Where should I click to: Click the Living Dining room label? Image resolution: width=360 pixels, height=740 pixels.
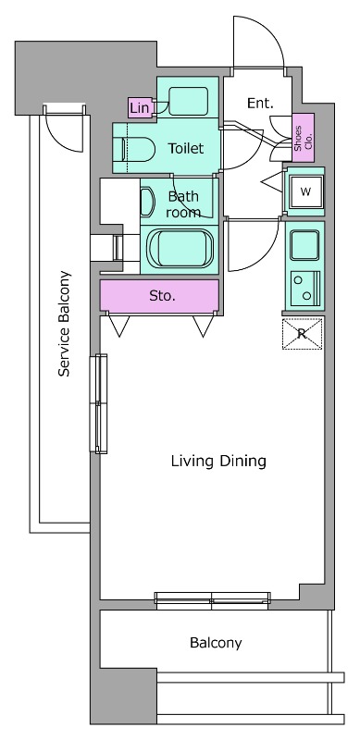click(218, 461)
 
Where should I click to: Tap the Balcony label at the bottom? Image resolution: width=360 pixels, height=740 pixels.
click(216, 643)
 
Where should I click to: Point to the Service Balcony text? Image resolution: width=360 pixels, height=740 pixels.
click(64, 324)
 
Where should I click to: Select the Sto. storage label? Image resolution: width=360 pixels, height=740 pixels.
click(163, 296)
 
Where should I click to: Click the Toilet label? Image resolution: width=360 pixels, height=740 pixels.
click(186, 149)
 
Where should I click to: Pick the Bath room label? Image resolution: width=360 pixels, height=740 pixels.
click(183, 204)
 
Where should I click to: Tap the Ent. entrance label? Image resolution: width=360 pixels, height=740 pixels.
click(260, 104)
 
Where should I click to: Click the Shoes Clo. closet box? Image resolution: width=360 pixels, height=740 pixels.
click(303, 137)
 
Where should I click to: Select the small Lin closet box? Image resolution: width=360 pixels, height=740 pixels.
click(140, 108)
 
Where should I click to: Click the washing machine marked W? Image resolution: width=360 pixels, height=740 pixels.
click(306, 192)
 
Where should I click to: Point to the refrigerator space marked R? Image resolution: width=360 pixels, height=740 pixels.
click(303, 334)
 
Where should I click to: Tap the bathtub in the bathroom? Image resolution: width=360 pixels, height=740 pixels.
click(180, 248)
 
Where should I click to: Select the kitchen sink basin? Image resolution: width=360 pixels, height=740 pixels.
click(304, 245)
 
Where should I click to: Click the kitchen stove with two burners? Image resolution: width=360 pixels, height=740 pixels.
click(304, 289)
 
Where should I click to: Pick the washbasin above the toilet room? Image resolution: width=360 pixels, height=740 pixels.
click(188, 101)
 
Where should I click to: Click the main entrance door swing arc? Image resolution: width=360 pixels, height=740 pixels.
click(271, 29)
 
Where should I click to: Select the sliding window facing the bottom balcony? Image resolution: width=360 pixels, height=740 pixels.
click(213, 600)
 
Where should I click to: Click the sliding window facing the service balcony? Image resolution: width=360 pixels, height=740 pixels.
click(99, 403)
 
